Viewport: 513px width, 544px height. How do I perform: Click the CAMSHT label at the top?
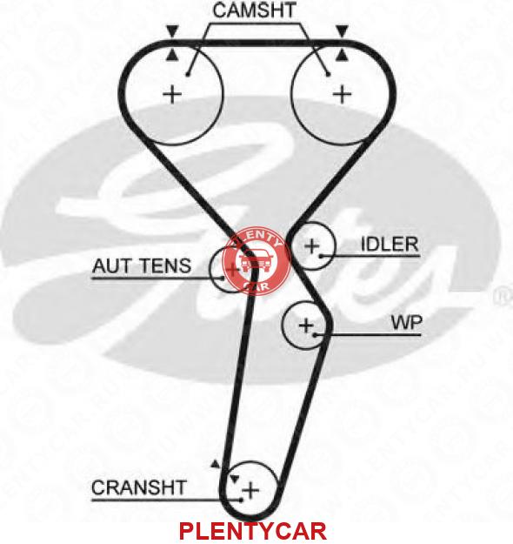click(254, 10)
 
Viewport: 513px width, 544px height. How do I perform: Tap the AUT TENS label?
click(142, 266)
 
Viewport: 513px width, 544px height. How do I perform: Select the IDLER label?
click(390, 245)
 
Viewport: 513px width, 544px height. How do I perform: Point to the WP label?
click(407, 323)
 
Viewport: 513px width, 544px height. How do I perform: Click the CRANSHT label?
click(139, 487)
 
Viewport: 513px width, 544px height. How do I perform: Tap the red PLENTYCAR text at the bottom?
click(253, 531)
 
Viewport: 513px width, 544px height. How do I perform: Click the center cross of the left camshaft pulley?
click(172, 94)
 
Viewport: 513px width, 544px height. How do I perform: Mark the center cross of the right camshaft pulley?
click(342, 94)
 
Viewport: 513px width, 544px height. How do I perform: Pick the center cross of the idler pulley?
click(312, 246)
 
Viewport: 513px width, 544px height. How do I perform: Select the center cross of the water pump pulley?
click(306, 326)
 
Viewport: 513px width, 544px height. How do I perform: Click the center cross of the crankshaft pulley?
click(250, 490)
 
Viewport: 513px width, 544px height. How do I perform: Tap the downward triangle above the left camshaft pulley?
click(171, 30)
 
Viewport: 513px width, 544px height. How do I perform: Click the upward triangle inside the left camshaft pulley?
click(171, 55)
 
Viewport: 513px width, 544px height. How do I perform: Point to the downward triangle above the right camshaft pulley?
click(343, 30)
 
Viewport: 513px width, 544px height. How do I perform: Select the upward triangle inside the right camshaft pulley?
click(343, 55)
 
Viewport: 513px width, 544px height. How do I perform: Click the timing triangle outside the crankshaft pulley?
click(216, 464)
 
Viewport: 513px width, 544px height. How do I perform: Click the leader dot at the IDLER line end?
click(322, 256)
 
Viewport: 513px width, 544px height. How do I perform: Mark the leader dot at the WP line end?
click(315, 335)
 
